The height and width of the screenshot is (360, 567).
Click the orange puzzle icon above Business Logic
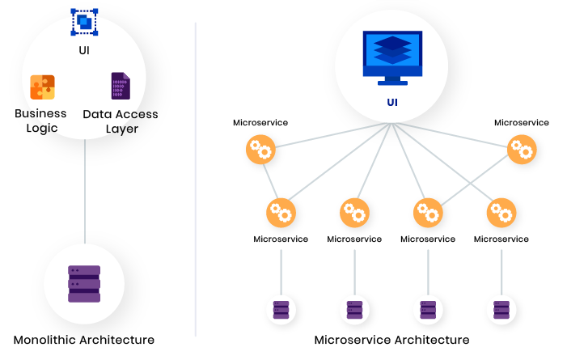point(42,87)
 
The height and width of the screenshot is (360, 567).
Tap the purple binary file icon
point(121,86)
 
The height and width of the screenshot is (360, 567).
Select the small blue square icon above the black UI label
point(84,22)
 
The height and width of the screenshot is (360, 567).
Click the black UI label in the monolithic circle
point(84,49)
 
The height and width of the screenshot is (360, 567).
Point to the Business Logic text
point(40,121)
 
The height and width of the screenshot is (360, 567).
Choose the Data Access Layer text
point(121,121)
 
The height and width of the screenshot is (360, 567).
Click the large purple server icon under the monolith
point(84,284)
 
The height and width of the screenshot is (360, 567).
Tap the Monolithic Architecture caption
point(84,340)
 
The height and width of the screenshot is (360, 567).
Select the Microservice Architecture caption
point(391,340)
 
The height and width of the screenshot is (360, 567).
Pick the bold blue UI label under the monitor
point(391,104)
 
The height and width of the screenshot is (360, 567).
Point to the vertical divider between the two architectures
point(196,178)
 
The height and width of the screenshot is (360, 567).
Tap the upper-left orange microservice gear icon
point(260,150)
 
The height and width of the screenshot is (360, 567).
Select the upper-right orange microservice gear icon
point(522,150)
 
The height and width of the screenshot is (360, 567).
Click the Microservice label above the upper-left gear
point(260,123)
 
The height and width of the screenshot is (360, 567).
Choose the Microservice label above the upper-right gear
point(522,123)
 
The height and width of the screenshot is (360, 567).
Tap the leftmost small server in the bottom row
point(281,309)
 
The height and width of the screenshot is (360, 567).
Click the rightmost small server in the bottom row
point(501,309)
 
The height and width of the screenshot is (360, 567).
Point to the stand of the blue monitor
point(391,79)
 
